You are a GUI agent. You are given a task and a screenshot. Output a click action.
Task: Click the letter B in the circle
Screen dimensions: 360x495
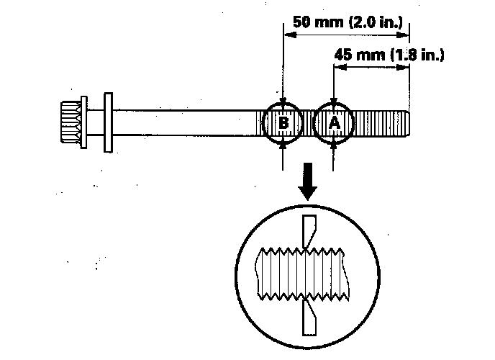(284, 123)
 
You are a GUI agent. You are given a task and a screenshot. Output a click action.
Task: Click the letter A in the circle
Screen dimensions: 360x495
(335, 123)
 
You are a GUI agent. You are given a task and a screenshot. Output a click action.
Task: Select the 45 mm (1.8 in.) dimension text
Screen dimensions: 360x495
(389, 55)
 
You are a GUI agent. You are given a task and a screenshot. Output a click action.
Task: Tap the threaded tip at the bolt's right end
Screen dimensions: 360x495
(403, 122)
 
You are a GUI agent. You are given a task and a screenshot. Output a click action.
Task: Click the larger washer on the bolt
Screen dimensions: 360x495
(109, 122)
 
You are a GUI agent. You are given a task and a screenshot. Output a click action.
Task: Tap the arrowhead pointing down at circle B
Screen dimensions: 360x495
(284, 102)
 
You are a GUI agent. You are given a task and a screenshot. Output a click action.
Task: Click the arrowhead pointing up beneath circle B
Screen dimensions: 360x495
(284, 144)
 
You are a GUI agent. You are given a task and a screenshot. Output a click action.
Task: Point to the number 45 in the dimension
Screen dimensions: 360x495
(344, 55)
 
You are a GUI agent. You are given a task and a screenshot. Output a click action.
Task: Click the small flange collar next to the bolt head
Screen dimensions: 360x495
(85, 122)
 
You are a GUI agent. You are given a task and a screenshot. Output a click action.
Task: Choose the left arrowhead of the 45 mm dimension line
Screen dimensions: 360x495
(337, 67)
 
